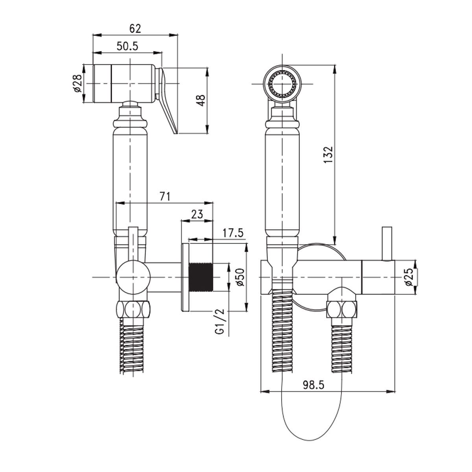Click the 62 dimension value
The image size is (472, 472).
(135, 29)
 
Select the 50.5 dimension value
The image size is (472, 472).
(127, 46)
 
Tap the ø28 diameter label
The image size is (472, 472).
(77, 83)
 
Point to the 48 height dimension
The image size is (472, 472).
(201, 101)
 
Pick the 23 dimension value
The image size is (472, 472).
(196, 214)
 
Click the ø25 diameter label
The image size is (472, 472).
(408, 277)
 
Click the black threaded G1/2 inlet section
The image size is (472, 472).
(201, 277)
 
